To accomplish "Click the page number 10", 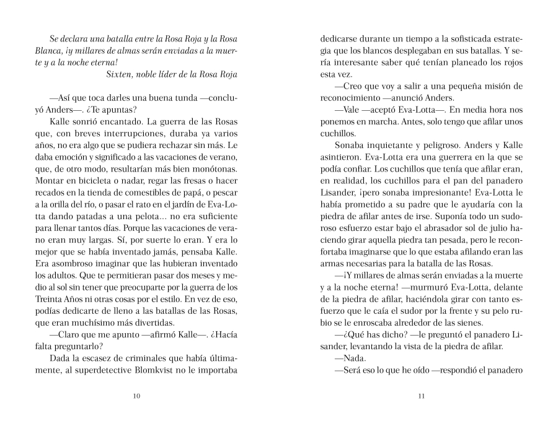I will (x=136, y=397).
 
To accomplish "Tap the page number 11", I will (x=421, y=397).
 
